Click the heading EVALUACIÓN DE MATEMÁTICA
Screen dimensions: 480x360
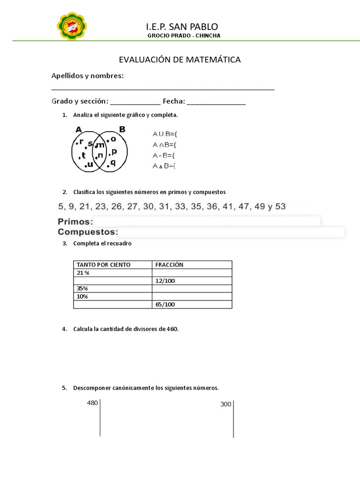click(180, 60)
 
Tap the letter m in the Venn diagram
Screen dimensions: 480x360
click(101, 145)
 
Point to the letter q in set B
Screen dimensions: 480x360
click(113, 163)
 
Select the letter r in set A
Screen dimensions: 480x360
click(81, 142)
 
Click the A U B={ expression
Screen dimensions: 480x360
click(164, 134)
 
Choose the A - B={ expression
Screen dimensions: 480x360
click(164, 155)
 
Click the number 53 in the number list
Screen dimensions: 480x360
click(280, 206)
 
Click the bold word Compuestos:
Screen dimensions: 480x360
click(88, 232)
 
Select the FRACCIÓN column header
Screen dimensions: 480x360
click(169, 265)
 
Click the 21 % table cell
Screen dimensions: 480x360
click(83, 273)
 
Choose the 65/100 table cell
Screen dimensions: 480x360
click(165, 305)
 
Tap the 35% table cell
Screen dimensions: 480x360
click(82, 289)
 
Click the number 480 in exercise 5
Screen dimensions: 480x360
click(92, 403)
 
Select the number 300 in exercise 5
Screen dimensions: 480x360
click(226, 405)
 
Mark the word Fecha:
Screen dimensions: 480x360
click(174, 101)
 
